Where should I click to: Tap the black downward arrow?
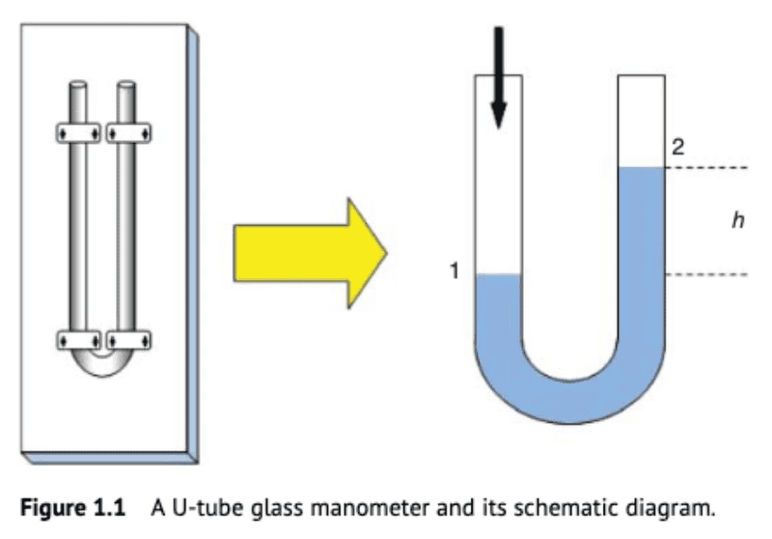[x=498, y=77]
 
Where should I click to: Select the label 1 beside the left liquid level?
[x=453, y=271]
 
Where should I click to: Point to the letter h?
[x=737, y=221]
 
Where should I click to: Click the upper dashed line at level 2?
[x=708, y=168]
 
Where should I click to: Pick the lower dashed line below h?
[x=708, y=275]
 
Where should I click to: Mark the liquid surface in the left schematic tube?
[x=500, y=275]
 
